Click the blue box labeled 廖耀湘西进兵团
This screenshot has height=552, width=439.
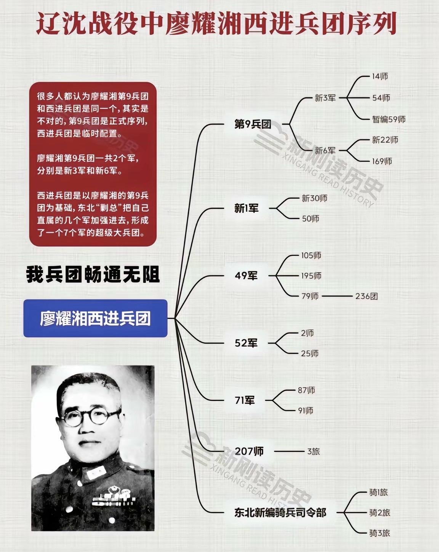tap(95, 318)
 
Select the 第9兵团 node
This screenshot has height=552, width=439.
tap(253, 124)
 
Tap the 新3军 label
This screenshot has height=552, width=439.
tap(325, 98)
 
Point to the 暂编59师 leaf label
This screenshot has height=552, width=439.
tap(388, 119)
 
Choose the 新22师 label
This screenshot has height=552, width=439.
tap(385, 140)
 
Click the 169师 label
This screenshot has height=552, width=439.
tap(382, 161)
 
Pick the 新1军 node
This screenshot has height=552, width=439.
tap(246, 208)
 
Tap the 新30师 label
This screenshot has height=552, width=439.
tap(314, 198)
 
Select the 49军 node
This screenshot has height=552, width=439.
tap(246, 276)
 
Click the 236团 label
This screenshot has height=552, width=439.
tap(366, 296)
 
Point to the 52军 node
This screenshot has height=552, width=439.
tap(246, 343)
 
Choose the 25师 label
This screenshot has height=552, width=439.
tap(309, 353)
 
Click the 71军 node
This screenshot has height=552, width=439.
tap(245, 400)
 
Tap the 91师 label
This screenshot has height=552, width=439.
tap(305, 410)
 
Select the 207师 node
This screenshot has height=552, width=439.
tap(249, 451)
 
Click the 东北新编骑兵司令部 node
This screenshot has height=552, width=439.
tap(280, 512)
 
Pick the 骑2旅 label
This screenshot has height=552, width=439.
tap(380, 512)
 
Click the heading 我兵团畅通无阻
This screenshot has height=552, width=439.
tap(93, 275)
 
